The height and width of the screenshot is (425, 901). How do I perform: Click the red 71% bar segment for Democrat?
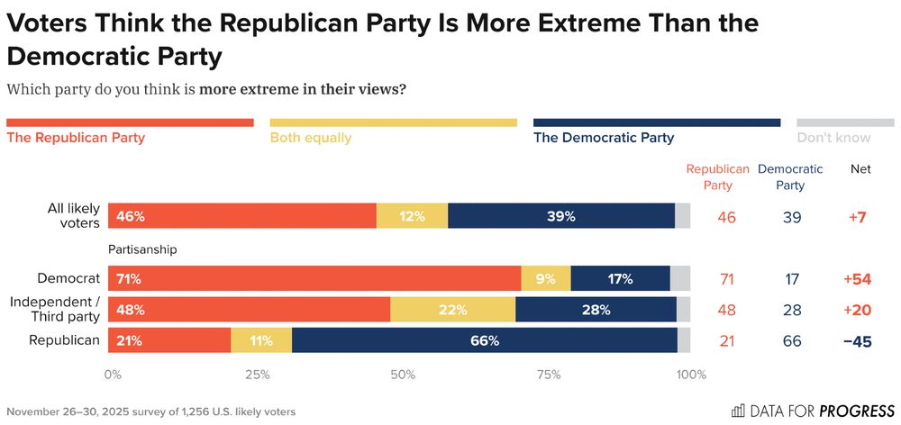[314, 279]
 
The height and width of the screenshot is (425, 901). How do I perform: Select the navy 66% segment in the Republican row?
[485, 340]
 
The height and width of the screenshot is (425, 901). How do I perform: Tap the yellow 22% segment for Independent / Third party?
[452, 310]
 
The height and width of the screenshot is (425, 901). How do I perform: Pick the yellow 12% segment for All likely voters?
[412, 216]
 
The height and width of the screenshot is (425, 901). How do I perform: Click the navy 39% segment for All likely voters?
[560, 216]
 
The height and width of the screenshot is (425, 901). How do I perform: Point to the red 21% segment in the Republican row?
[169, 340]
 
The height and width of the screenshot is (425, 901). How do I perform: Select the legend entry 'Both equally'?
[311, 138]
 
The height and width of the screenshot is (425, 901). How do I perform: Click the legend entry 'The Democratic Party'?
[604, 138]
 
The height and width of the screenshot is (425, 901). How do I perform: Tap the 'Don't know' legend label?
[833, 138]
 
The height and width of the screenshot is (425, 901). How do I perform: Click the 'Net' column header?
[860, 169]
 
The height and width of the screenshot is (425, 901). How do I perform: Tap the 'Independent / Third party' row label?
[54, 310]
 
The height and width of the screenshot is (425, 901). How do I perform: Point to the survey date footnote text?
[150, 411]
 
